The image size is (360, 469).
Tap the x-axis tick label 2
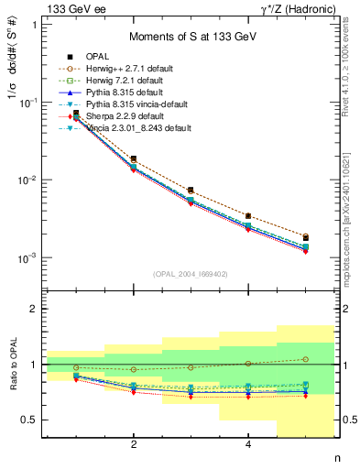click(x=134, y=445)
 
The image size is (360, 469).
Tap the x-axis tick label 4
click(x=248, y=445)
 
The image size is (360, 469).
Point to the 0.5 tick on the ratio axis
click(x=31, y=420)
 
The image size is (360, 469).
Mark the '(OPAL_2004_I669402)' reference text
click(x=191, y=272)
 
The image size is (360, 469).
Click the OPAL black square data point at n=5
click(x=305, y=237)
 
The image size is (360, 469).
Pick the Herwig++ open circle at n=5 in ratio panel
click(x=305, y=359)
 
